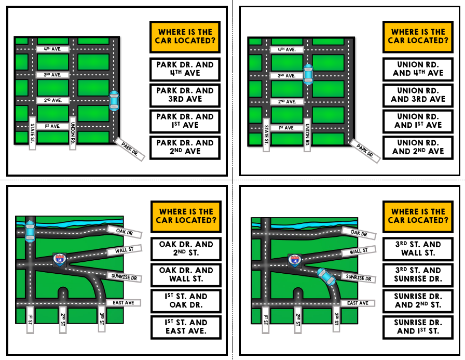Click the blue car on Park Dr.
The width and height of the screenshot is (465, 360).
pyautogui.click(x=114, y=100)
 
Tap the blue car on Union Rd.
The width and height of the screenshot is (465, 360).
pyautogui.click(x=308, y=74)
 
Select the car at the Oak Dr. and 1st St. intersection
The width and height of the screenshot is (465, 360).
pyautogui.click(x=30, y=230)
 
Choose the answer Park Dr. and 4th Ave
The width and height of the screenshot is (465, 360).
pyautogui.click(x=185, y=69)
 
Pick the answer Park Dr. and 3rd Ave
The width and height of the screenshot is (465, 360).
pyautogui.click(x=185, y=95)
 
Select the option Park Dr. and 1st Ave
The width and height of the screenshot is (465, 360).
pyautogui.click(x=185, y=121)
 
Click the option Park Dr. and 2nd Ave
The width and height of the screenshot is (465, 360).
pyautogui.click(x=185, y=147)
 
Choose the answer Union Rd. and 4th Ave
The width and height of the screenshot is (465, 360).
pyautogui.click(x=418, y=69)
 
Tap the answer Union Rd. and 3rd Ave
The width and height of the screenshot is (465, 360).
pyautogui.click(x=418, y=95)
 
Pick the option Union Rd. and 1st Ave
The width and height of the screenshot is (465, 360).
pyautogui.click(x=418, y=121)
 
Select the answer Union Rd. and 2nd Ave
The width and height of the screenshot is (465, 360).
pyautogui.click(x=418, y=147)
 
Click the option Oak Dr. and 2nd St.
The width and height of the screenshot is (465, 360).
pyautogui.click(x=186, y=249)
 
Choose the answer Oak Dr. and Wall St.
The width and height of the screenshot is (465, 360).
pyautogui.click(x=186, y=275)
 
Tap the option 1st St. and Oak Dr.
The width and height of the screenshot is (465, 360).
pyautogui.click(x=186, y=301)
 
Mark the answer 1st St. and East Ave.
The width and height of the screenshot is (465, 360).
pyautogui.click(x=186, y=327)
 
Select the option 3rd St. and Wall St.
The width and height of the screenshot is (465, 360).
pyautogui.click(x=418, y=249)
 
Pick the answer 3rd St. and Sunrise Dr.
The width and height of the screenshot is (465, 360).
pyautogui.click(x=418, y=275)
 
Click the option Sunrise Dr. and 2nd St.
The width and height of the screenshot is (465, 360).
pyautogui.click(x=418, y=301)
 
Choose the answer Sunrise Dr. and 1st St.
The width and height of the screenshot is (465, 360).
pyautogui.click(x=418, y=327)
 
